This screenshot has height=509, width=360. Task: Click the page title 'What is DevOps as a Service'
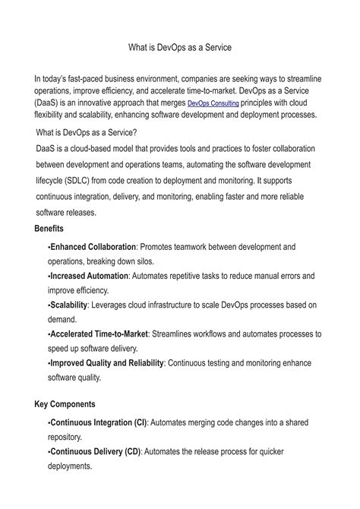pyautogui.click(x=180, y=47)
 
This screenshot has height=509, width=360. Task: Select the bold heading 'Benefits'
pyautogui.click(x=49, y=229)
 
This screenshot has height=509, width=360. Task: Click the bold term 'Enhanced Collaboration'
pyautogui.click(x=93, y=247)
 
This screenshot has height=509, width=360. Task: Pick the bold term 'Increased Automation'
pyautogui.click(x=88, y=276)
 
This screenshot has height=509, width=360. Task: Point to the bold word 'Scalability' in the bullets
pyautogui.click(x=68, y=305)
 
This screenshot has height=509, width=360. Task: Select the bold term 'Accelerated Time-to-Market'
pyautogui.click(x=99, y=334)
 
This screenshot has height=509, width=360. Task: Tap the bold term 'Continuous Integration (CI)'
pyautogui.click(x=99, y=422)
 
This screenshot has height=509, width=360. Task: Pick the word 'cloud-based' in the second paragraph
pyautogui.click(x=90, y=150)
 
